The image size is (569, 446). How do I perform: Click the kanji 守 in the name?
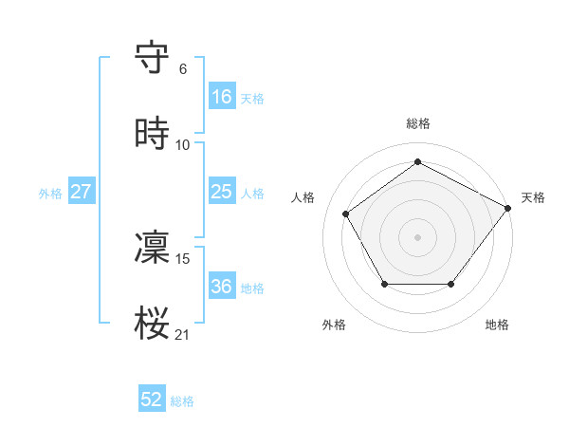coord(153,58)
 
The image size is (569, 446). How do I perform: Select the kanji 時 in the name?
coord(153,134)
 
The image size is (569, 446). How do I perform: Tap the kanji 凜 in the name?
coord(153,248)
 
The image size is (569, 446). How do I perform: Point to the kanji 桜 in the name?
coord(153,324)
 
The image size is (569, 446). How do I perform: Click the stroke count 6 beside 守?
coord(183,69)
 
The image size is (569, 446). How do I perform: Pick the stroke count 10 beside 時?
coord(183,145)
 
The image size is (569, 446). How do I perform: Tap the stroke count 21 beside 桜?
coord(183,335)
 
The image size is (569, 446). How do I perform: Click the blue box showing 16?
coord(222,97)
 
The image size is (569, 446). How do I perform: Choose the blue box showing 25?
coord(222,192)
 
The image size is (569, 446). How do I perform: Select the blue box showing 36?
coord(222,287)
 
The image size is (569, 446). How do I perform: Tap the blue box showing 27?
coord(81,192)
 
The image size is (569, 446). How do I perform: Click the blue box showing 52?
coord(152,400)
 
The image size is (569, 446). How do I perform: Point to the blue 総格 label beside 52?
coord(182,401)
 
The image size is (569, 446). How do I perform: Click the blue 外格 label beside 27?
coord(50,194)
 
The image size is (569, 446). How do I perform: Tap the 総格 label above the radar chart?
coord(418,123)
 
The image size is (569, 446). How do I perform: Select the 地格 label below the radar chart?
coord(497,325)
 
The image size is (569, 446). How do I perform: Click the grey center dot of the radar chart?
coord(418,236)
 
